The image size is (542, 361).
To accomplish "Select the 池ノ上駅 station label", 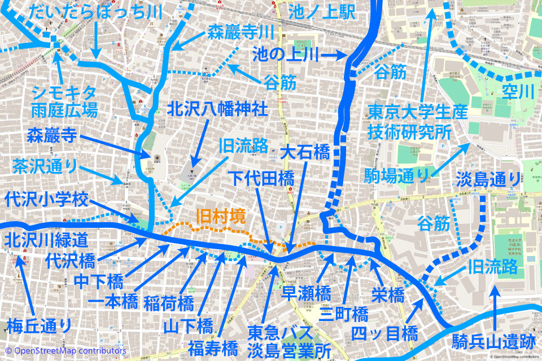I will pos(322,11).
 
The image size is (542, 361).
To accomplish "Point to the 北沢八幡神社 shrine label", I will pos(217,109).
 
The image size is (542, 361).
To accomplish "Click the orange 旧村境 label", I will pos(222,217).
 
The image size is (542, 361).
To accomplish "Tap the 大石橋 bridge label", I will pos(305,152).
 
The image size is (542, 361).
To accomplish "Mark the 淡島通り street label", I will pos(489,179).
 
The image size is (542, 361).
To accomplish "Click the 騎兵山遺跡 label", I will pos(493,341).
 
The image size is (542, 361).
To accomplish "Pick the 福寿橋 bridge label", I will pos(213,345).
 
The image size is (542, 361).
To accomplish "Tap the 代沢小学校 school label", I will pos(46,199).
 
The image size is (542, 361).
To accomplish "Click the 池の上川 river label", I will pos(286,55).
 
